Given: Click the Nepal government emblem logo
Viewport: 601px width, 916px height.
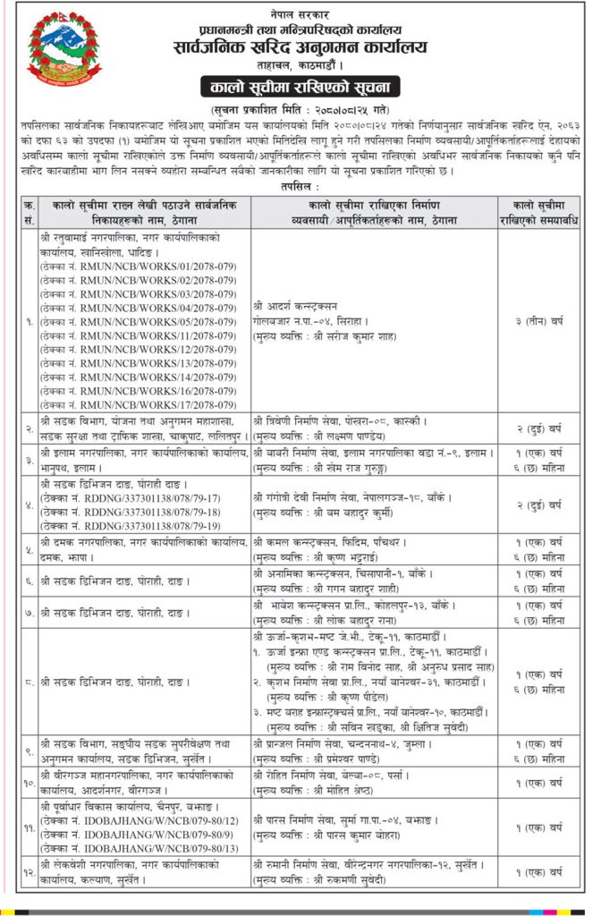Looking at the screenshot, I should (58, 53).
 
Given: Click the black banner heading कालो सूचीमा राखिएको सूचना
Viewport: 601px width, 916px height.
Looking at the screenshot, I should (300, 87).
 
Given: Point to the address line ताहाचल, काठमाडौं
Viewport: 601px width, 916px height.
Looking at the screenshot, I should (300, 65).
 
